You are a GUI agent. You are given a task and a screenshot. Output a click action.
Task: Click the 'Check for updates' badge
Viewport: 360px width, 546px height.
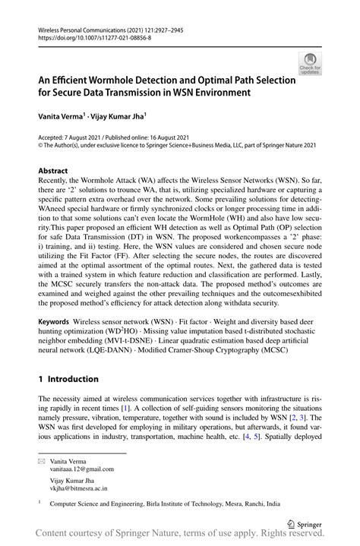tap(310, 64)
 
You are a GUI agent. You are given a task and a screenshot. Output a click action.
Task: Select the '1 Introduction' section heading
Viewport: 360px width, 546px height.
tap(68, 379)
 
